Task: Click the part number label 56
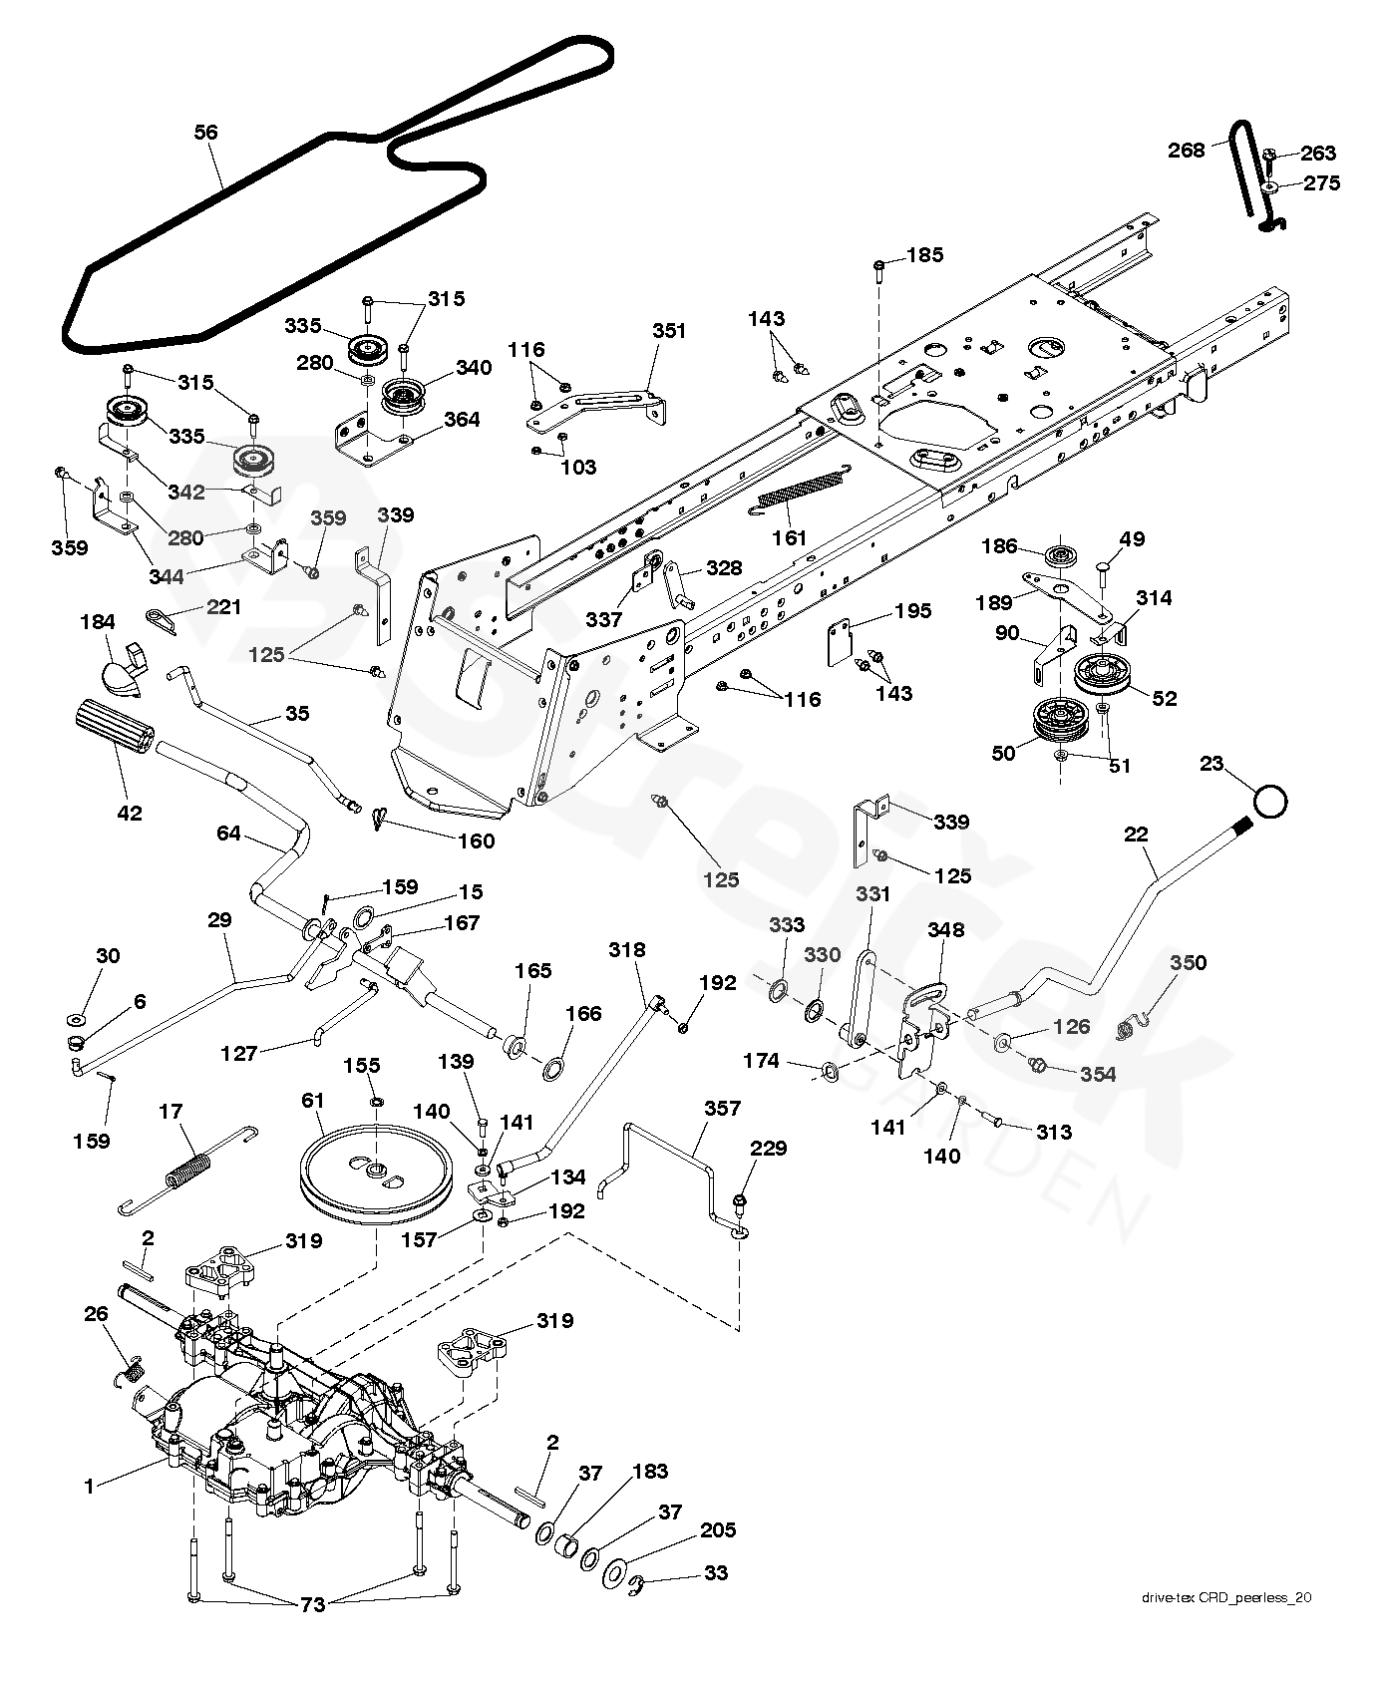[x=206, y=133]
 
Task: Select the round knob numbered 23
[x=1269, y=801]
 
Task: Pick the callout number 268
[x=1187, y=151]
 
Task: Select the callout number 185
[x=924, y=255]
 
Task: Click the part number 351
[x=670, y=331]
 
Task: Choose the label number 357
[x=722, y=1108]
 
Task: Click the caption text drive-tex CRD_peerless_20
[x=1226, y=1625]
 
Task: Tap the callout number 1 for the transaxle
[x=90, y=1487]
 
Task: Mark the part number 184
[x=98, y=622]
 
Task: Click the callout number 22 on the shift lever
[x=1136, y=835]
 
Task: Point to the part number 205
[x=719, y=1530]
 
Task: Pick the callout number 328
[x=724, y=568]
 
